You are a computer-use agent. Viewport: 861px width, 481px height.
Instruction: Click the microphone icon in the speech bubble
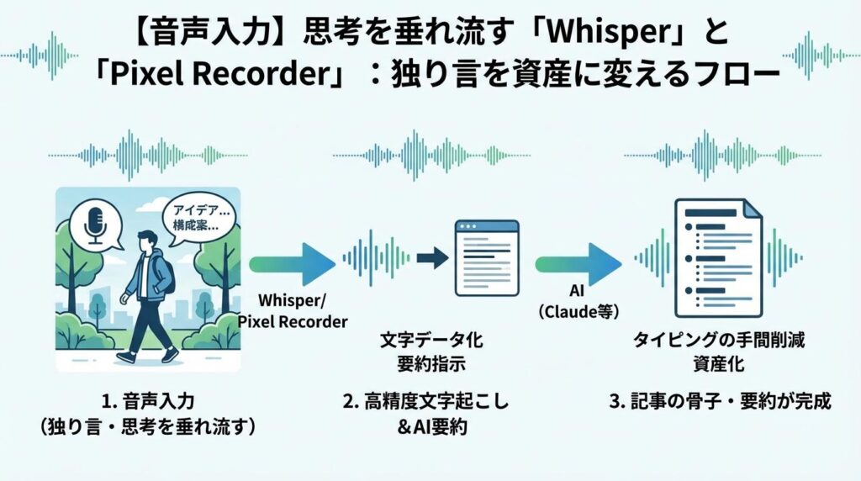[x=95, y=223]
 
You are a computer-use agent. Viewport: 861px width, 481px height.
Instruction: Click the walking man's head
[x=150, y=245]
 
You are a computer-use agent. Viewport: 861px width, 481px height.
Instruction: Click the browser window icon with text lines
[x=486, y=256]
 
